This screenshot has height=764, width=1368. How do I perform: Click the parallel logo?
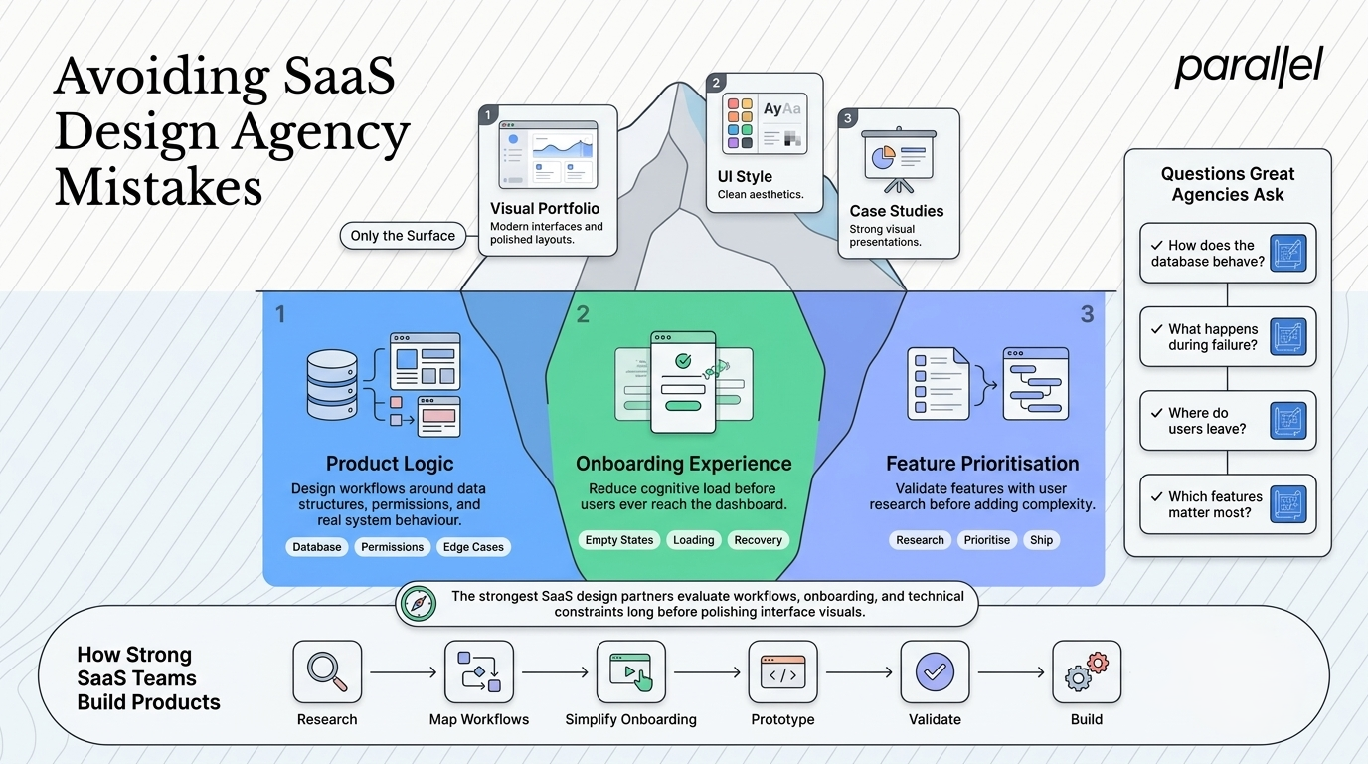1249,68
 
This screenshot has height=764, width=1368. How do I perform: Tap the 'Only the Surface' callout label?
403,236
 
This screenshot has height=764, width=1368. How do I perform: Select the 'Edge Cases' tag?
473,547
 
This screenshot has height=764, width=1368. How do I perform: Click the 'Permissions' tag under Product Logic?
392,547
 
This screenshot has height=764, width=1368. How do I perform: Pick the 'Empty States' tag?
619,540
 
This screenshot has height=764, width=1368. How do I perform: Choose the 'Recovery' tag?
758,540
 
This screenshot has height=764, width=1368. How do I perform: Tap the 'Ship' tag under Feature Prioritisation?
1041,540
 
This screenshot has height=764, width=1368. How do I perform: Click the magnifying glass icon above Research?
327,671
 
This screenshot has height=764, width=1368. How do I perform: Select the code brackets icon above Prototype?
783,672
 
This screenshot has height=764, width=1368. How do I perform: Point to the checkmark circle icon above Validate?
935,671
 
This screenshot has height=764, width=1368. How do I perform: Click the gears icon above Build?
1087,671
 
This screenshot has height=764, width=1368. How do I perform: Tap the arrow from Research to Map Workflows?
403,672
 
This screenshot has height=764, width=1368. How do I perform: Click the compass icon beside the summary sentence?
419,603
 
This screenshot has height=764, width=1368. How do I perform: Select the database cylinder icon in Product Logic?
332,385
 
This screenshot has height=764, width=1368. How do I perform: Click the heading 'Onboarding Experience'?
683,464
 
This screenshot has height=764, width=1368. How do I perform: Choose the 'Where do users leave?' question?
1207,421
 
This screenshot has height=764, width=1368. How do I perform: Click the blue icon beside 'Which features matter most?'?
1288,504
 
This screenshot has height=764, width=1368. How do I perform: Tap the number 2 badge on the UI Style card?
716,83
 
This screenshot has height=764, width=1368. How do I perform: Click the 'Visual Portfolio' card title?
545,209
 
